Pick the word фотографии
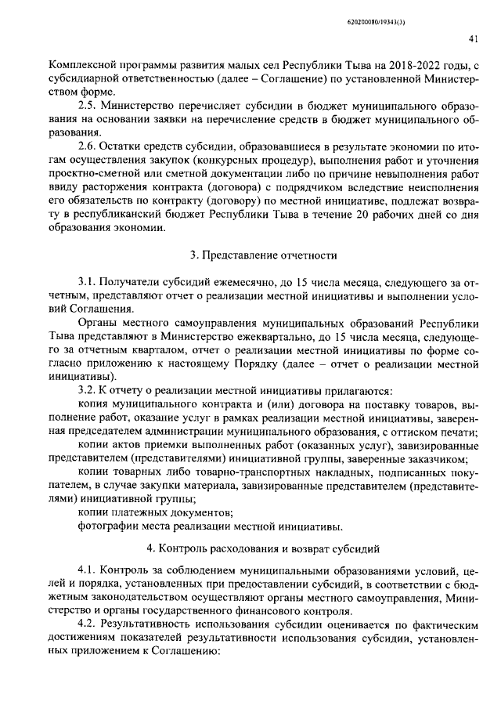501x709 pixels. (x=106, y=525)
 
